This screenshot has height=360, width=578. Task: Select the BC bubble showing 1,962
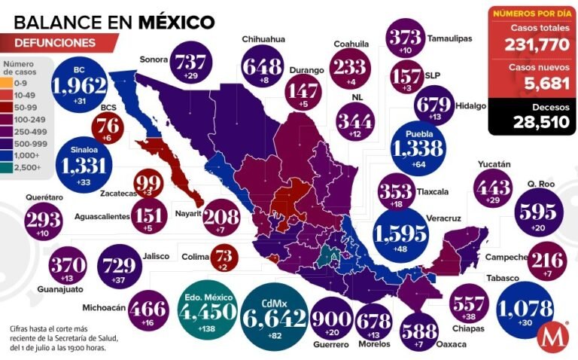78,84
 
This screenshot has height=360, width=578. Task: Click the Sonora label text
154,58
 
